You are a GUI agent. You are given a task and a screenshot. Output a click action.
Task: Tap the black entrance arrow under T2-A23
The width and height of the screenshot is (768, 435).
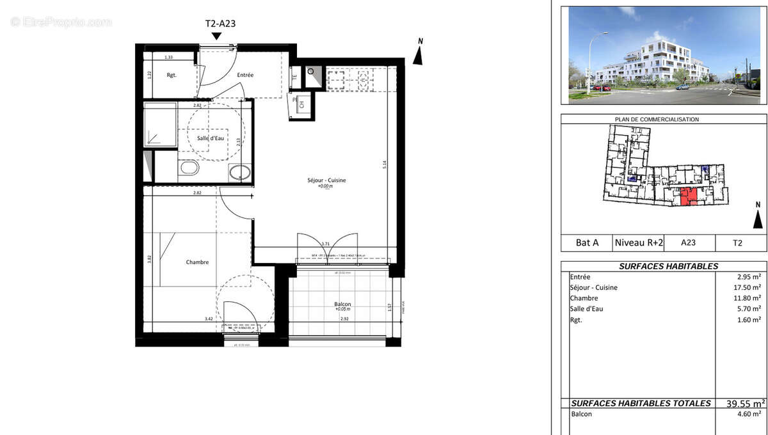(217, 36)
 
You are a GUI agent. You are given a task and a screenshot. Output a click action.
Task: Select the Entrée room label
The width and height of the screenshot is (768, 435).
(245, 75)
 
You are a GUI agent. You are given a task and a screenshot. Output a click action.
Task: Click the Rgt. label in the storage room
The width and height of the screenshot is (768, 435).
(172, 75)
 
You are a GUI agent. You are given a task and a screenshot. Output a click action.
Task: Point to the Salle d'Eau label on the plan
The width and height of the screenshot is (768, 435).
(211, 139)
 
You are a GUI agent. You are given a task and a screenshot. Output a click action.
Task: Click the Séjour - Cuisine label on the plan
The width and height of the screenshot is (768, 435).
(326, 181)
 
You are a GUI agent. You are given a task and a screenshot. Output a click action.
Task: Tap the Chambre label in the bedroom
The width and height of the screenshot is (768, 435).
(197, 262)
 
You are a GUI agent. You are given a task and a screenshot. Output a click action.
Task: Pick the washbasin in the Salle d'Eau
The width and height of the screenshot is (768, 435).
(240, 172)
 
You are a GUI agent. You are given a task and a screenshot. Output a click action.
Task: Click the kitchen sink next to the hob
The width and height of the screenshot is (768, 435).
(363, 80)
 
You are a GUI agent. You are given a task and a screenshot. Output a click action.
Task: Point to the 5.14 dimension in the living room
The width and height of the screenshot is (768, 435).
(384, 163)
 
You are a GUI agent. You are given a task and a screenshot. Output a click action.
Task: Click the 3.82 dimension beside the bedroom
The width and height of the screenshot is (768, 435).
(148, 259)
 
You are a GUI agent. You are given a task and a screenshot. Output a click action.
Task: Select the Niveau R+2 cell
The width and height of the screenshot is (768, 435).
(638, 242)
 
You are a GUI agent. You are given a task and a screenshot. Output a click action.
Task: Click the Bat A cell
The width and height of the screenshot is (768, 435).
(587, 242)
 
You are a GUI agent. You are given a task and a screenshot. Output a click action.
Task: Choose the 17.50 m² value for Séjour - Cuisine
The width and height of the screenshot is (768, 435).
(748, 288)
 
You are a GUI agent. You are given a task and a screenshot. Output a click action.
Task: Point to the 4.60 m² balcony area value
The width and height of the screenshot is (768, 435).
(749, 415)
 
